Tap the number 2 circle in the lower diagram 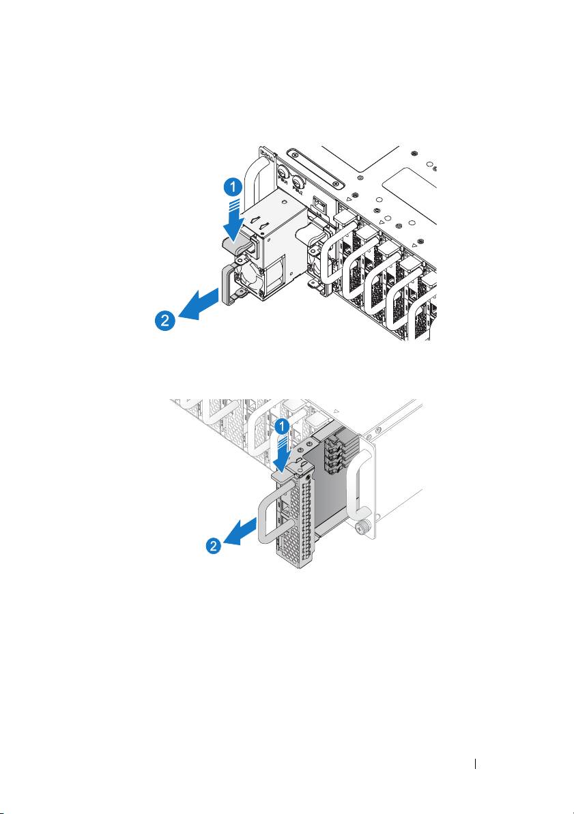tap(214, 545)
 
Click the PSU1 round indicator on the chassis tap(283, 179)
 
